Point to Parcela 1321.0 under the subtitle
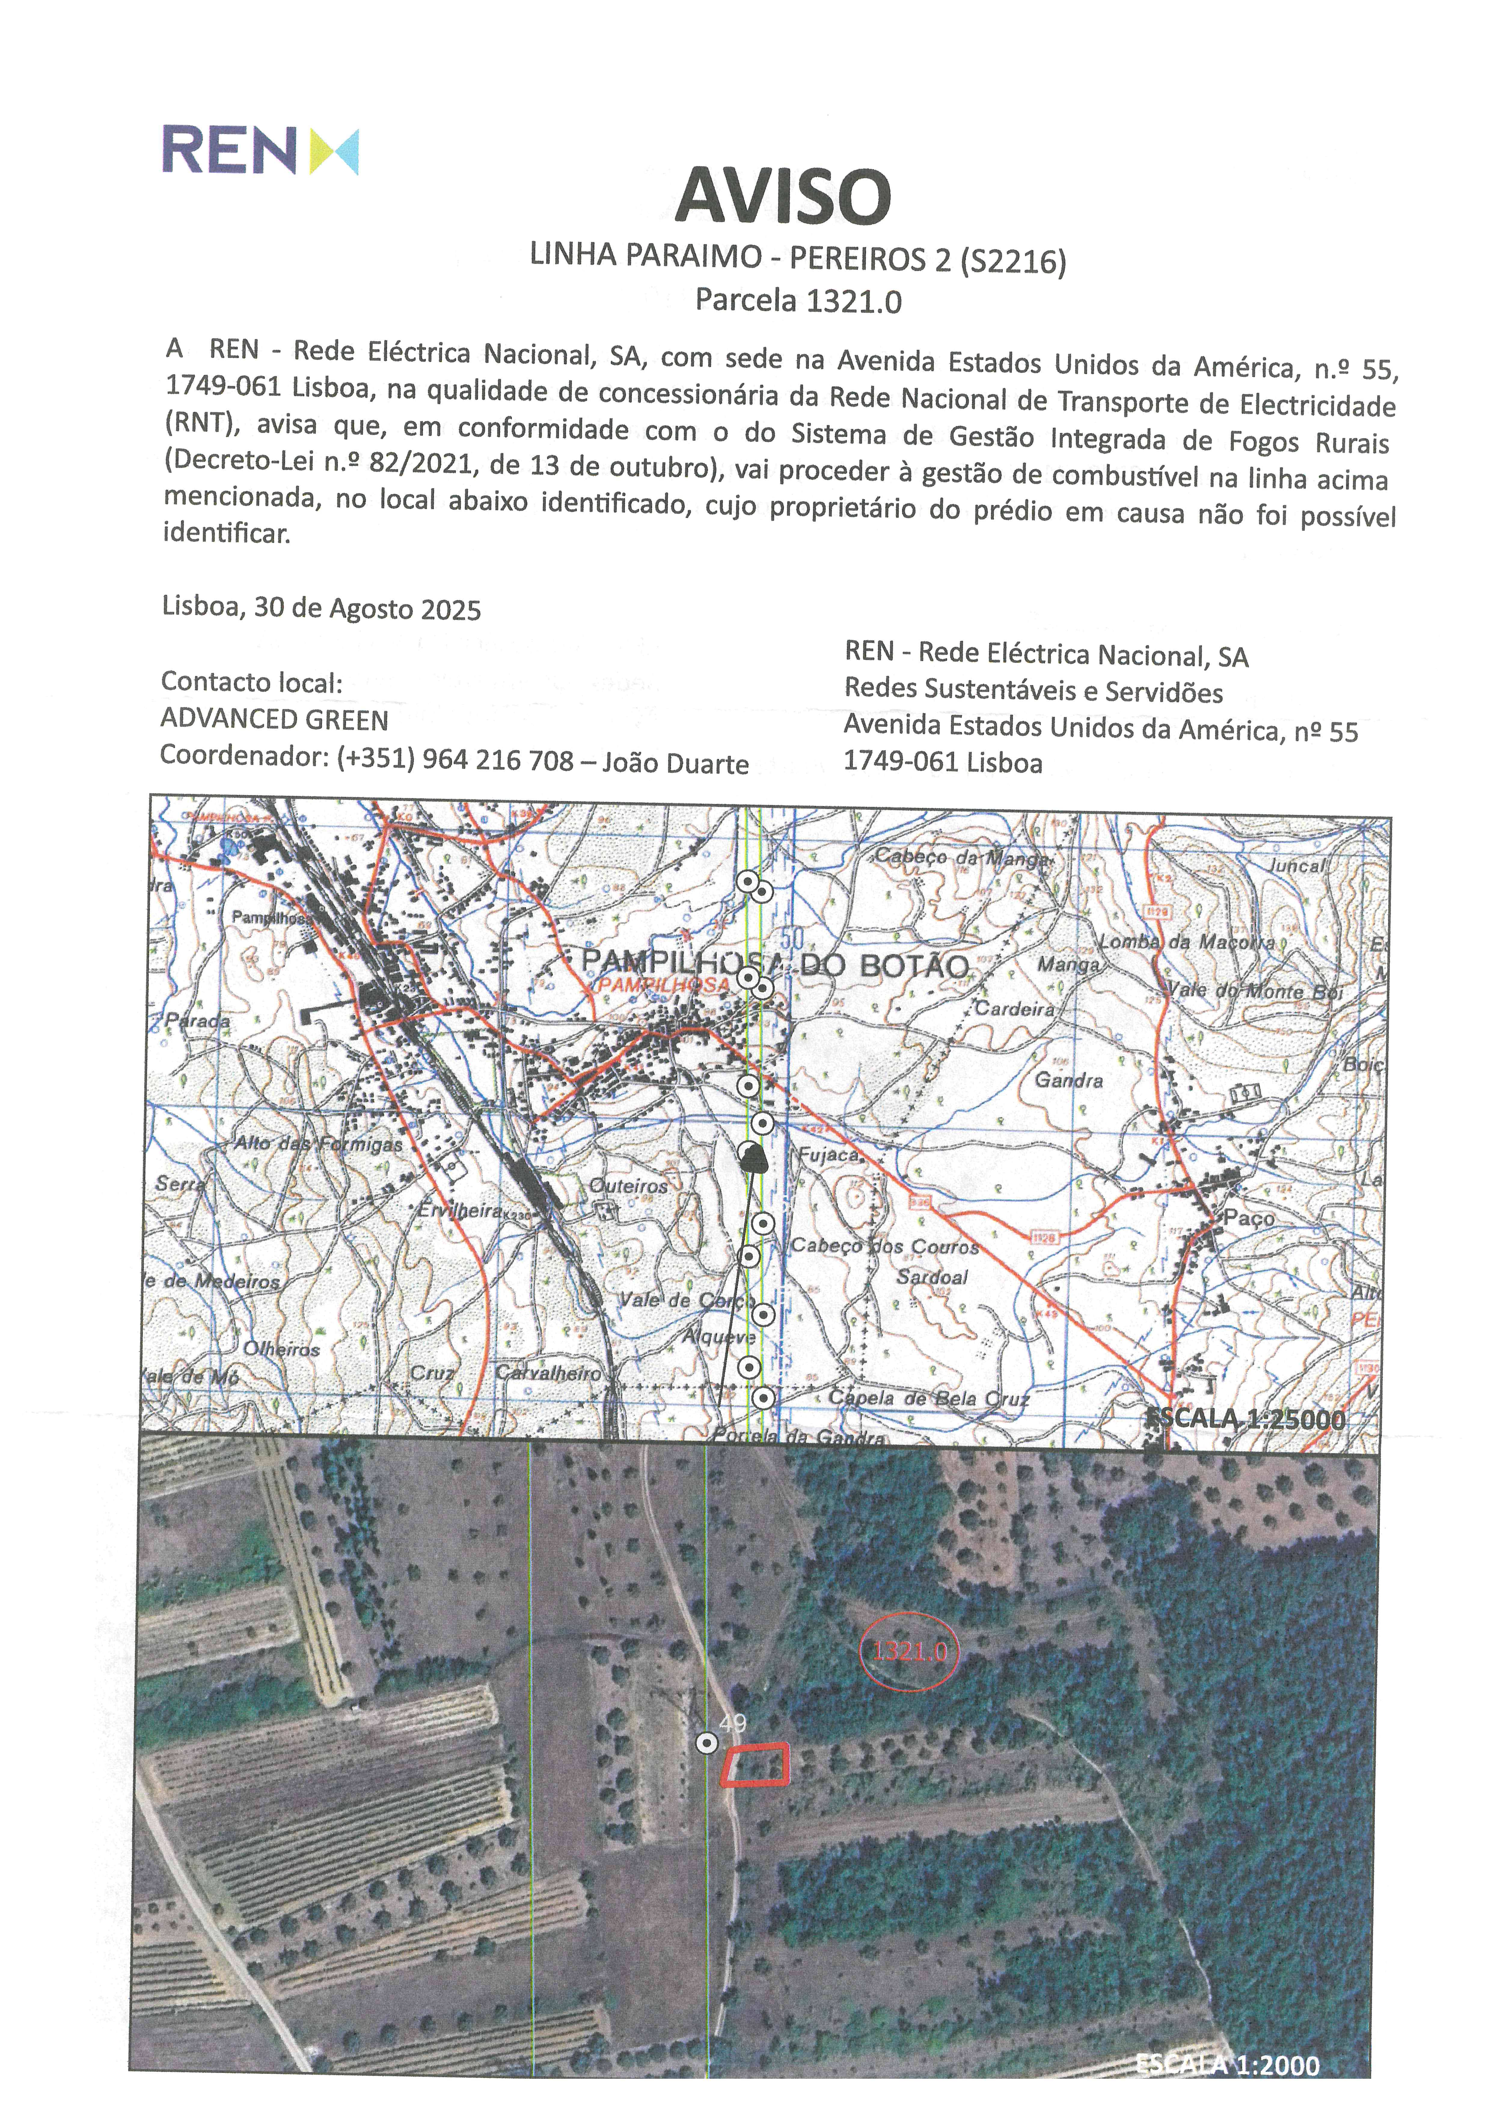(x=798, y=301)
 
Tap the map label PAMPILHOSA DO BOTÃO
(x=776, y=964)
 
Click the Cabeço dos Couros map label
(x=885, y=1246)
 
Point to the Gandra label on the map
(x=1069, y=1080)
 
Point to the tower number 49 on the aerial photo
(x=733, y=1723)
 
